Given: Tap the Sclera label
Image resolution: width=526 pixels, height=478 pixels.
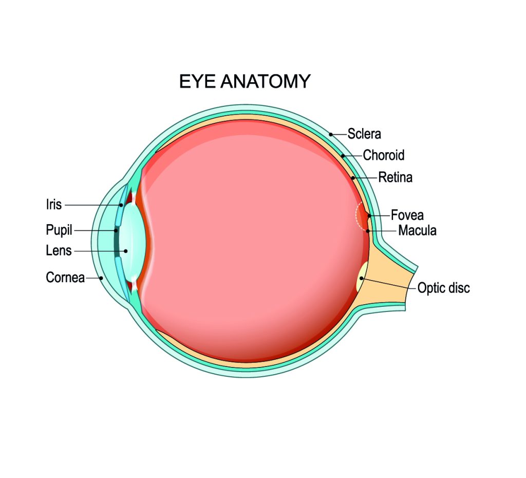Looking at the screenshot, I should coord(364,134).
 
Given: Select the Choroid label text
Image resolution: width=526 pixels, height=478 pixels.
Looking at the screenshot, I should coord(383,155).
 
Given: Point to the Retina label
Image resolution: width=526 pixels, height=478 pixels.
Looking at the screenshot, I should coord(395,178).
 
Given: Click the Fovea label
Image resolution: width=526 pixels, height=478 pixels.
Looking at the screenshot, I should coord(407,215).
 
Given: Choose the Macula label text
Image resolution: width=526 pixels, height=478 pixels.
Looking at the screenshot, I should coord(417,231).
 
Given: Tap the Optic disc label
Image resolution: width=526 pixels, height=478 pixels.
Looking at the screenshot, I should coord(443,288).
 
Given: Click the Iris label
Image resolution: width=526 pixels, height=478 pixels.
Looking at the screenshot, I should coord(54,205).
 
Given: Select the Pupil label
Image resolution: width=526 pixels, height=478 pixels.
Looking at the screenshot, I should coord(59,230).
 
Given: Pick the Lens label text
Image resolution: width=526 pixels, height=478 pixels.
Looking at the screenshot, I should coord(59,251).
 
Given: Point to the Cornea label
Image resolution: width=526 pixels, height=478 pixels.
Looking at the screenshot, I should coord(65,278).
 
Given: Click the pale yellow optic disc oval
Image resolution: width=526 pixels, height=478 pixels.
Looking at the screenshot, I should coord(362,277).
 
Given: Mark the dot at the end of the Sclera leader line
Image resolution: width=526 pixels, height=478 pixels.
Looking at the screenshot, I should coord(331,134).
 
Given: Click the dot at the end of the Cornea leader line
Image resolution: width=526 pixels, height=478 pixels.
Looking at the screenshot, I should coord(102,278).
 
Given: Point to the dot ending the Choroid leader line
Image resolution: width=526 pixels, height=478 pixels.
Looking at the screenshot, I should coord(343,155).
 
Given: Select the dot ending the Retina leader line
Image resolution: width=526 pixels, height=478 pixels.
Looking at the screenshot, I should coord(353,178).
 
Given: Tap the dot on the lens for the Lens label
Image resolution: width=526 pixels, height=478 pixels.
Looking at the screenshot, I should coord(125,251).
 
